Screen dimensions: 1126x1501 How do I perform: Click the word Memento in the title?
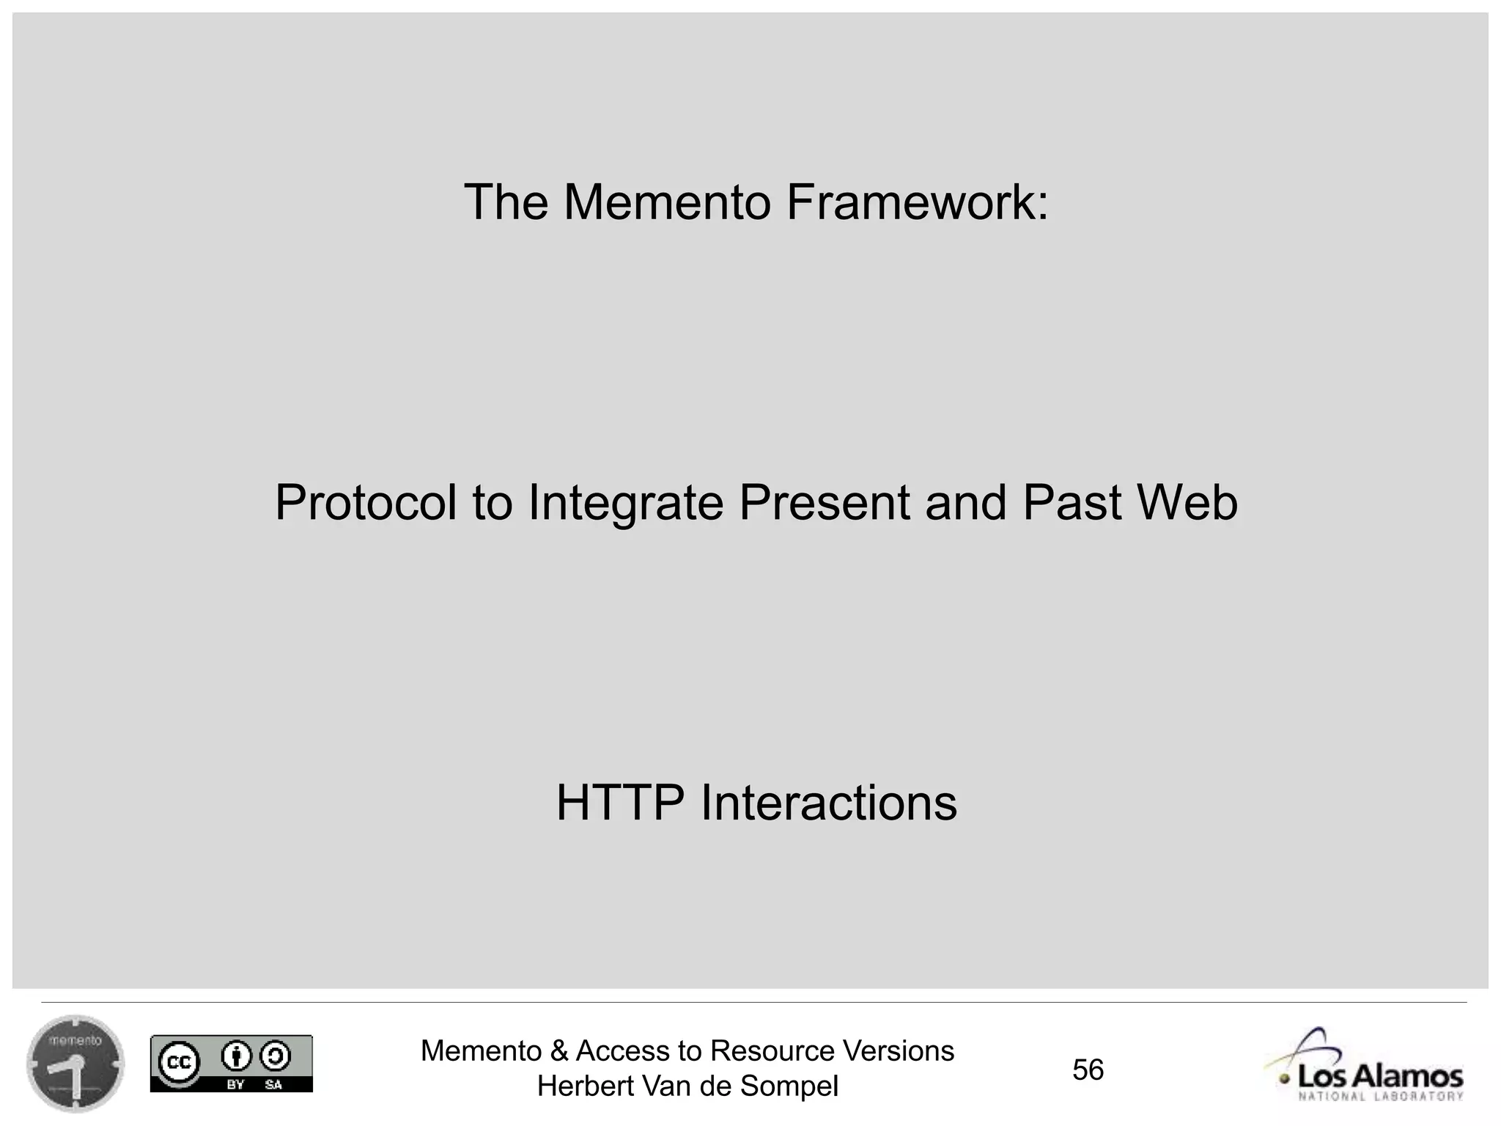666,202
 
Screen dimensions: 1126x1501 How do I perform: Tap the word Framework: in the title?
917,202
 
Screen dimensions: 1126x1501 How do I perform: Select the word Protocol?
365,503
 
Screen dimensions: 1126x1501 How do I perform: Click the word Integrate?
625,503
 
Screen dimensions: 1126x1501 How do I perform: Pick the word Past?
1072,503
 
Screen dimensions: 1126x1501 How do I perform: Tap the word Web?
1187,503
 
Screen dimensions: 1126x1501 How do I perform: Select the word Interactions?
829,803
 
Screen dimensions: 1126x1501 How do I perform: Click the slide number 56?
1088,1070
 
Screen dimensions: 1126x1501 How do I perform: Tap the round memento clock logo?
75,1064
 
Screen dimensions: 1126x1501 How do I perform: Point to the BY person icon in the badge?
235,1057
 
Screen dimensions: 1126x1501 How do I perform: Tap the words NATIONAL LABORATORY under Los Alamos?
1381,1097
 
